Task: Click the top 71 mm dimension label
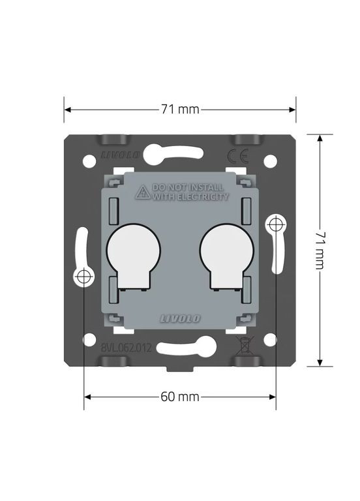coord(180,109)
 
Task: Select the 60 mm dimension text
coord(180,397)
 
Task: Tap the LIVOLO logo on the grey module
coord(180,318)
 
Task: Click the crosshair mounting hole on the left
coord(84,277)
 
